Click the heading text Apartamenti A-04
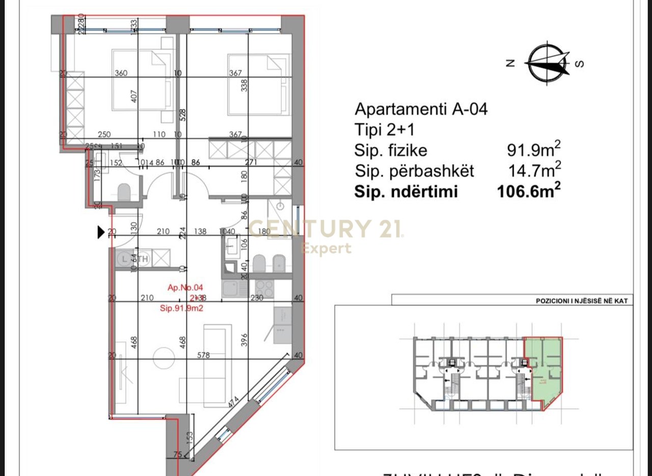pos(421,109)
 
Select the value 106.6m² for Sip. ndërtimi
pos(528,191)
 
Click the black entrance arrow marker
pos(101,232)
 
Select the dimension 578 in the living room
pos(203,355)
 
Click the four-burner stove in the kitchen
pos(264,288)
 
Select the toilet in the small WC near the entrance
pos(124,192)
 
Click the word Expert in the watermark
pos(326,249)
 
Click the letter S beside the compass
pos(579,64)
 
